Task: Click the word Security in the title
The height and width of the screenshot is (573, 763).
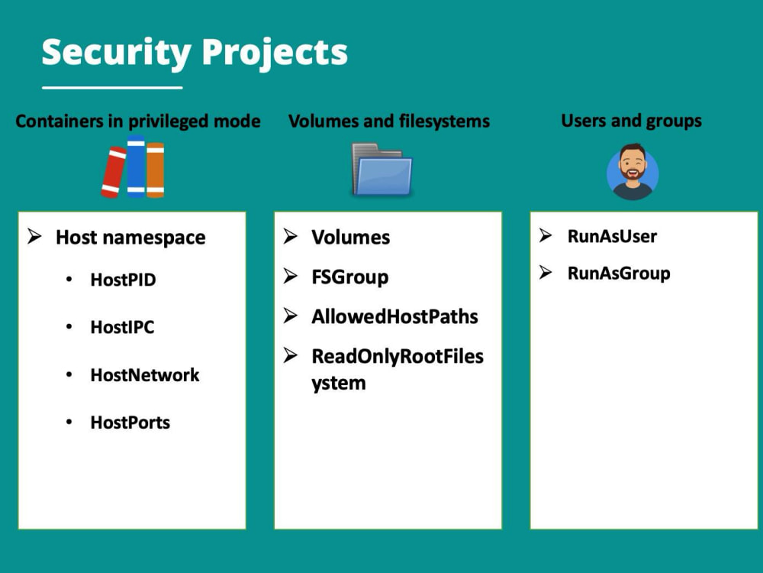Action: [116, 53]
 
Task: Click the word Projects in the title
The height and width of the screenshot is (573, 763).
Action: [275, 53]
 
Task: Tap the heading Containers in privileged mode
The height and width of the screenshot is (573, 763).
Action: [138, 121]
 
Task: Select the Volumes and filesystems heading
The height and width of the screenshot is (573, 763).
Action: [389, 121]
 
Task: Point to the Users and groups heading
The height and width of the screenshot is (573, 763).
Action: [631, 121]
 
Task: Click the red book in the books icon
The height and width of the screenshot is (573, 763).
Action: [114, 173]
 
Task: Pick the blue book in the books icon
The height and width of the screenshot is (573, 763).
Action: [137, 166]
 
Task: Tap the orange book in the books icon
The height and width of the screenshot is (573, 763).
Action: [155, 170]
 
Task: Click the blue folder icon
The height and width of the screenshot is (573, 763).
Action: [382, 169]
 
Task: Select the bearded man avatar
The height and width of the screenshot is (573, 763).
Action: [633, 171]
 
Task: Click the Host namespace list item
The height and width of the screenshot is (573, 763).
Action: [130, 238]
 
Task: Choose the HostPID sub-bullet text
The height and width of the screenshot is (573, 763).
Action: [123, 280]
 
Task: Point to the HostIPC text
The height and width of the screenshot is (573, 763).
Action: [122, 327]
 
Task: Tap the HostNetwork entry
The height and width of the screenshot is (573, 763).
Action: [145, 374]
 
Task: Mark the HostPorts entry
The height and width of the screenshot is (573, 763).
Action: [130, 422]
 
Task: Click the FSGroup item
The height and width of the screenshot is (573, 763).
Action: [350, 277]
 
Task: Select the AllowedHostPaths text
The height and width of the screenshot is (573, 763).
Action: [394, 317]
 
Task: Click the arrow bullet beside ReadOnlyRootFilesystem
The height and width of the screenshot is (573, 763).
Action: [291, 356]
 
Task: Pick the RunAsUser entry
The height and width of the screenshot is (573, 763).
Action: [612, 236]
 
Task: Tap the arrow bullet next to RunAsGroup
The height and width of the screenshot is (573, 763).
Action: [546, 273]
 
